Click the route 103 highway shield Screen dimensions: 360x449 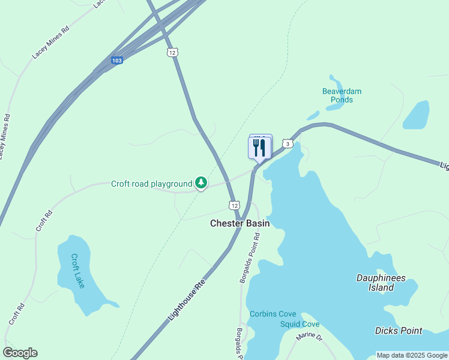click(x=117, y=61)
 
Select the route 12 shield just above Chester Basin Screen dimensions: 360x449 click(x=234, y=205)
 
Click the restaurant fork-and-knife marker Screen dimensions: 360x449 click(x=260, y=148)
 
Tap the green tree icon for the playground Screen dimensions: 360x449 click(x=202, y=183)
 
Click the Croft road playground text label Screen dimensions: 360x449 click(x=151, y=184)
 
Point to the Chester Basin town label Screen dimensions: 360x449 click(x=240, y=223)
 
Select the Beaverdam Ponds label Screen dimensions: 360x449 click(x=342, y=95)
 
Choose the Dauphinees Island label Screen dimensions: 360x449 click(x=381, y=283)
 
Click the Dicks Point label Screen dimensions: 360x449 click(x=398, y=331)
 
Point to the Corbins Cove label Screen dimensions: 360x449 click(x=273, y=314)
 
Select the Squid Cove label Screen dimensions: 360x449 click(x=300, y=325)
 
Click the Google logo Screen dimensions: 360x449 click(x=20, y=353)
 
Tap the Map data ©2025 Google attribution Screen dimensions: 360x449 click(x=412, y=355)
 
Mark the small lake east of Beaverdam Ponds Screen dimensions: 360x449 click(x=416, y=115)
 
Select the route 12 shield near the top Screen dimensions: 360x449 click(x=172, y=53)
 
